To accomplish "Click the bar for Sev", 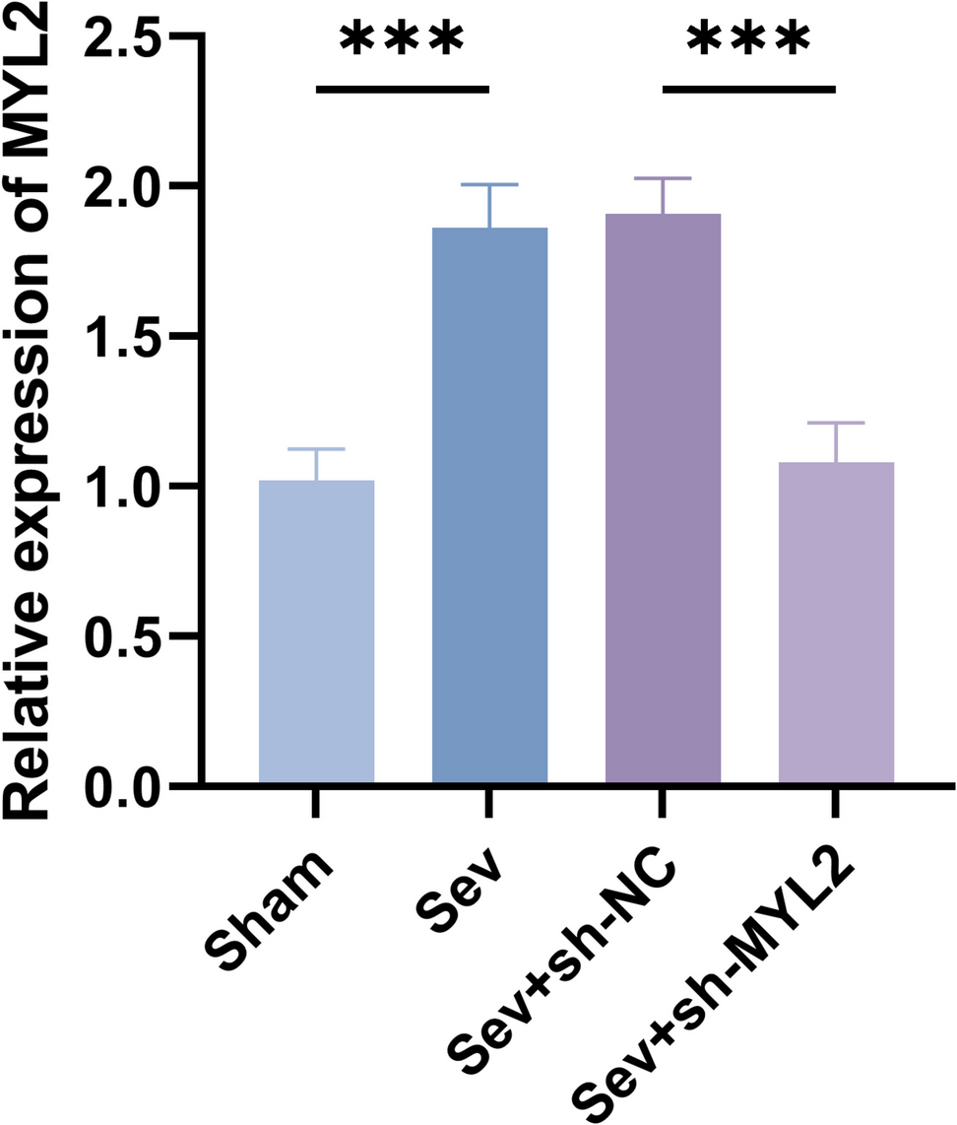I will pos(489,506).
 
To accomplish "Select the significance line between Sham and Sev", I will pos(402,89).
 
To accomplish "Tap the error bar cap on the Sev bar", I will pos(489,184).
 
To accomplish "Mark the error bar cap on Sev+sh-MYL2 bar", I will pos(836,423).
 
